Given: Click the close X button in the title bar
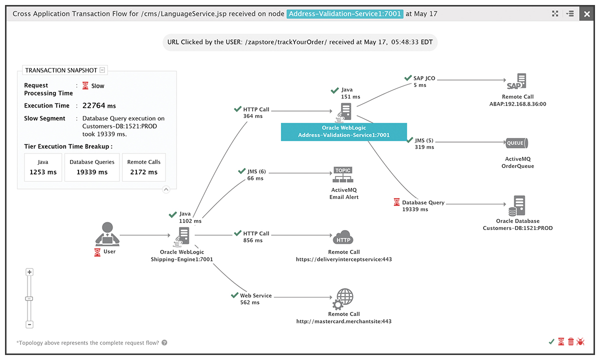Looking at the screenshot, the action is pos(586,14).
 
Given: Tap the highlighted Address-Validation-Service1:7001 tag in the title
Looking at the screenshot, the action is pos(344,13).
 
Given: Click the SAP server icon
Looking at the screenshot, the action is pos(516,81).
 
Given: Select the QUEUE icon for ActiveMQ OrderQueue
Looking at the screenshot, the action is pos(516,143).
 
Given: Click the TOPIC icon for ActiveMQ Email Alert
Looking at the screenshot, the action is pos(343,174).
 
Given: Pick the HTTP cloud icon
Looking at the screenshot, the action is pos(343,237).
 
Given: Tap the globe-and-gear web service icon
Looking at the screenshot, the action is pos(343,299).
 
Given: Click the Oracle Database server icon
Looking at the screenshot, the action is pos(516,205).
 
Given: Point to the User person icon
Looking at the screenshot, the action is pos(107,233).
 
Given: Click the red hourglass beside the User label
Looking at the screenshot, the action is pos(97,252).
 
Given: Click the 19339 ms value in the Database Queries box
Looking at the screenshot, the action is pos(92,172).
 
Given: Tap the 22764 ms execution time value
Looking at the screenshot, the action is pos(99,105).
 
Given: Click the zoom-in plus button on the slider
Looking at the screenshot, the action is pos(29,272).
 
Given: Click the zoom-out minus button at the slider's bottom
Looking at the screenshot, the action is pos(29,324).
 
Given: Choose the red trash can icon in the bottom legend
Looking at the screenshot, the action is pos(571,342).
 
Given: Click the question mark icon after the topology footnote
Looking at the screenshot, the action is pos(164,342).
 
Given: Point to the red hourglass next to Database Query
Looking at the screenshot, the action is pos(396,202).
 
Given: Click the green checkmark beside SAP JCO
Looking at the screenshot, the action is pos(408,78).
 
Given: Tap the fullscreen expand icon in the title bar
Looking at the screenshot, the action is pos(555,13).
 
